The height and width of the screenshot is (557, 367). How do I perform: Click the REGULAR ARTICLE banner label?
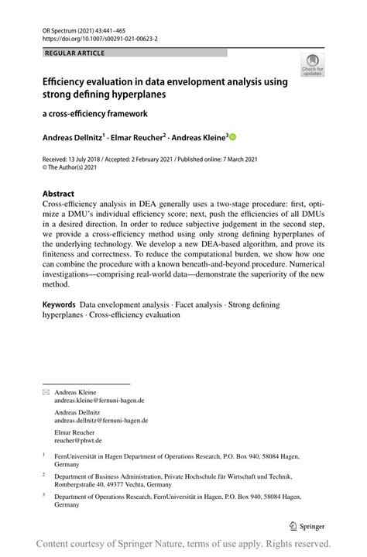pyautogui.click(x=75, y=53)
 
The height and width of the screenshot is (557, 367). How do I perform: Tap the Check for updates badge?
pyautogui.click(x=313, y=64)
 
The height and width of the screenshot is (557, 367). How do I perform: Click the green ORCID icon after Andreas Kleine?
pyautogui.click(x=232, y=137)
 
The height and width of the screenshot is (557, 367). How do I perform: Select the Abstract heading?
pyautogui.click(x=58, y=194)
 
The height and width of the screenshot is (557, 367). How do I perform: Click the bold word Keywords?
pyautogui.click(x=59, y=306)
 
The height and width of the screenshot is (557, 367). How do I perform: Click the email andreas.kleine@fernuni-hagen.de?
pyautogui.click(x=99, y=401)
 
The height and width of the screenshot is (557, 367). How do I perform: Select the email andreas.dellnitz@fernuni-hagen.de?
pyautogui.click(x=101, y=421)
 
